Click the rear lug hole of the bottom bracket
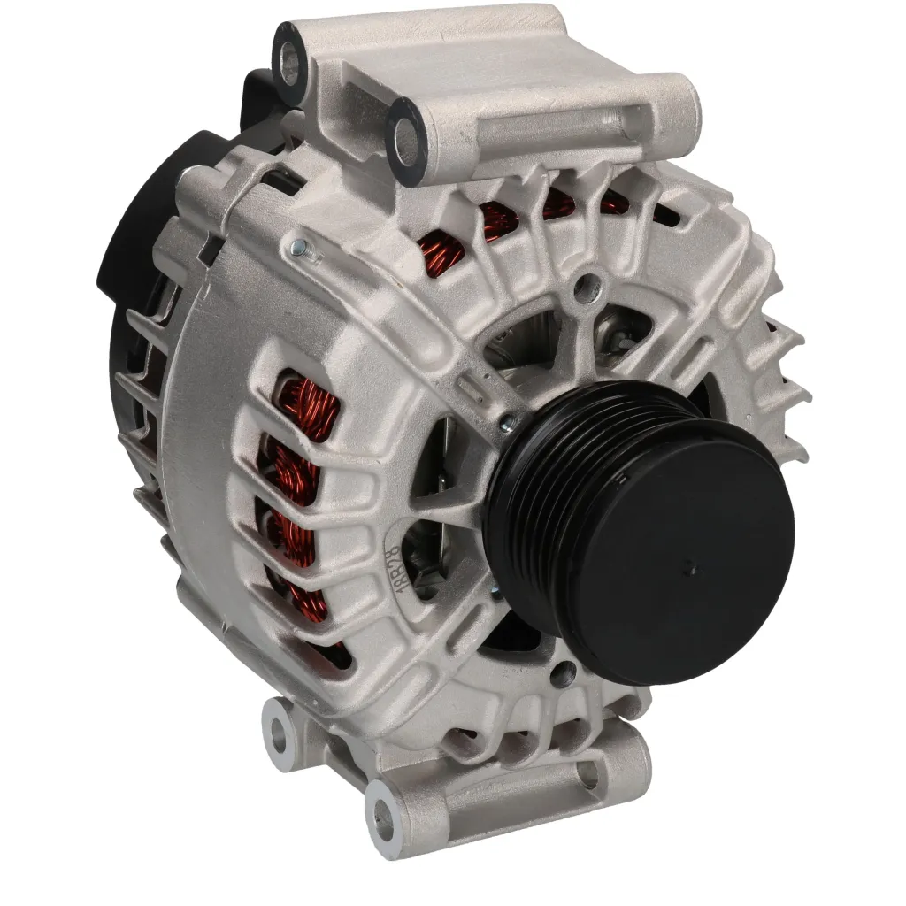coord(280,729)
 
